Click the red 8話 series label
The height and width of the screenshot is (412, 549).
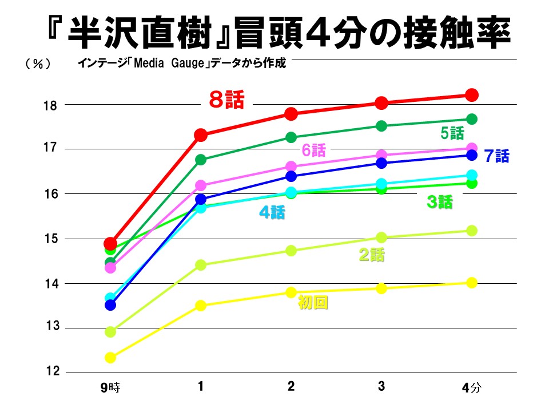pyautogui.click(x=226, y=101)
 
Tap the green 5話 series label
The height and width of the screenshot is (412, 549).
pyautogui.click(x=452, y=134)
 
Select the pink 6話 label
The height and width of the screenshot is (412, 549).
pyautogui.click(x=313, y=150)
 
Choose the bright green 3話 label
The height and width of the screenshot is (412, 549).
pyautogui.click(x=439, y=201)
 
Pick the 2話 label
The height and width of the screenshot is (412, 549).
pyautogui.click(x=371, y=255)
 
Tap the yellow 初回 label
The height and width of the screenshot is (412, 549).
pyautogui.click(x=313, y=303)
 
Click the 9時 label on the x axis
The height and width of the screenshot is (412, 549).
pyautogui.click(x=110, y=388)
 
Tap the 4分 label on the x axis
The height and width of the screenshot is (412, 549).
pyautogui.click(x=472, y=388)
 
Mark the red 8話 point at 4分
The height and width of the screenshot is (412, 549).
pyautogui.click(x=472, y=95)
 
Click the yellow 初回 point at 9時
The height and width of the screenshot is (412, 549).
pyautogui.click(x=110, y=358)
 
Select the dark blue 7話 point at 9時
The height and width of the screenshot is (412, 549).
pyautogui.click(x=110, y=305)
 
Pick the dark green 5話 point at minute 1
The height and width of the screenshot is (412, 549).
pyautogui.click(x=201, y=160)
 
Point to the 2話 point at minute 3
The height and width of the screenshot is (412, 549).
pyautogui.click(x=381, y=237)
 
